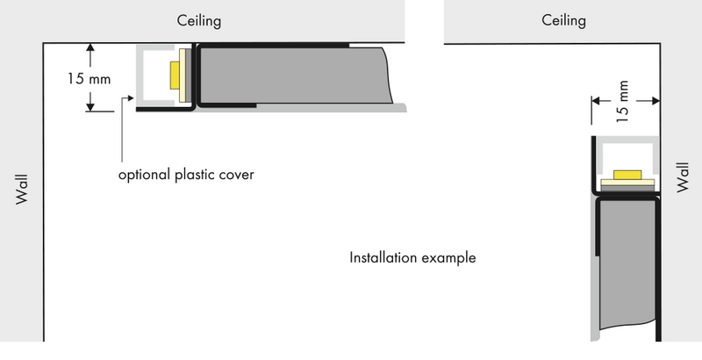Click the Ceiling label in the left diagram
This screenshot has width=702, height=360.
tap(199, 21)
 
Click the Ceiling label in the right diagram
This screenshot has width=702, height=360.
tap(563, 20)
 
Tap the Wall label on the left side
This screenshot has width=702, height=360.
tap(21, 190)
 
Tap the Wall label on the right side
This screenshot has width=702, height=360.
tap(683, 177)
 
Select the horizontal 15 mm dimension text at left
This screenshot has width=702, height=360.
tap(90, 79)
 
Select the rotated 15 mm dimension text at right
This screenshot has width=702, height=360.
tap(622, 102)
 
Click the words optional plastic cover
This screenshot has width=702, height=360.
tap(186, 175)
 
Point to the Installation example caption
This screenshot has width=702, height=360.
tap(412, 258)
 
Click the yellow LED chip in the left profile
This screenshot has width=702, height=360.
tap(175, 76)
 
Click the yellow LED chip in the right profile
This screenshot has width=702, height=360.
tap(627, 175)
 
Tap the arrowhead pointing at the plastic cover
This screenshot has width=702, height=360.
tap(131, 97)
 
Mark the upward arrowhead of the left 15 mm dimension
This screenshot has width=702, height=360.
tap(90, 48)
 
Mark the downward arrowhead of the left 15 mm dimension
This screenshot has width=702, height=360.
tap(90, 106)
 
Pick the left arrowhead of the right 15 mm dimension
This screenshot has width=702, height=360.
tap(596, 101)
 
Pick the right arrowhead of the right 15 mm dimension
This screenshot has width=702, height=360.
tap(655, 101)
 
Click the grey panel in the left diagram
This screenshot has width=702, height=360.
tap(296, 76)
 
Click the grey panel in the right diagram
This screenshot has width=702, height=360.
tap(627, 264)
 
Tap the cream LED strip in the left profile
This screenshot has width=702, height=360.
tap(183, 76)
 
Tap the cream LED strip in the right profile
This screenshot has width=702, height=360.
tap(627, 183)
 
